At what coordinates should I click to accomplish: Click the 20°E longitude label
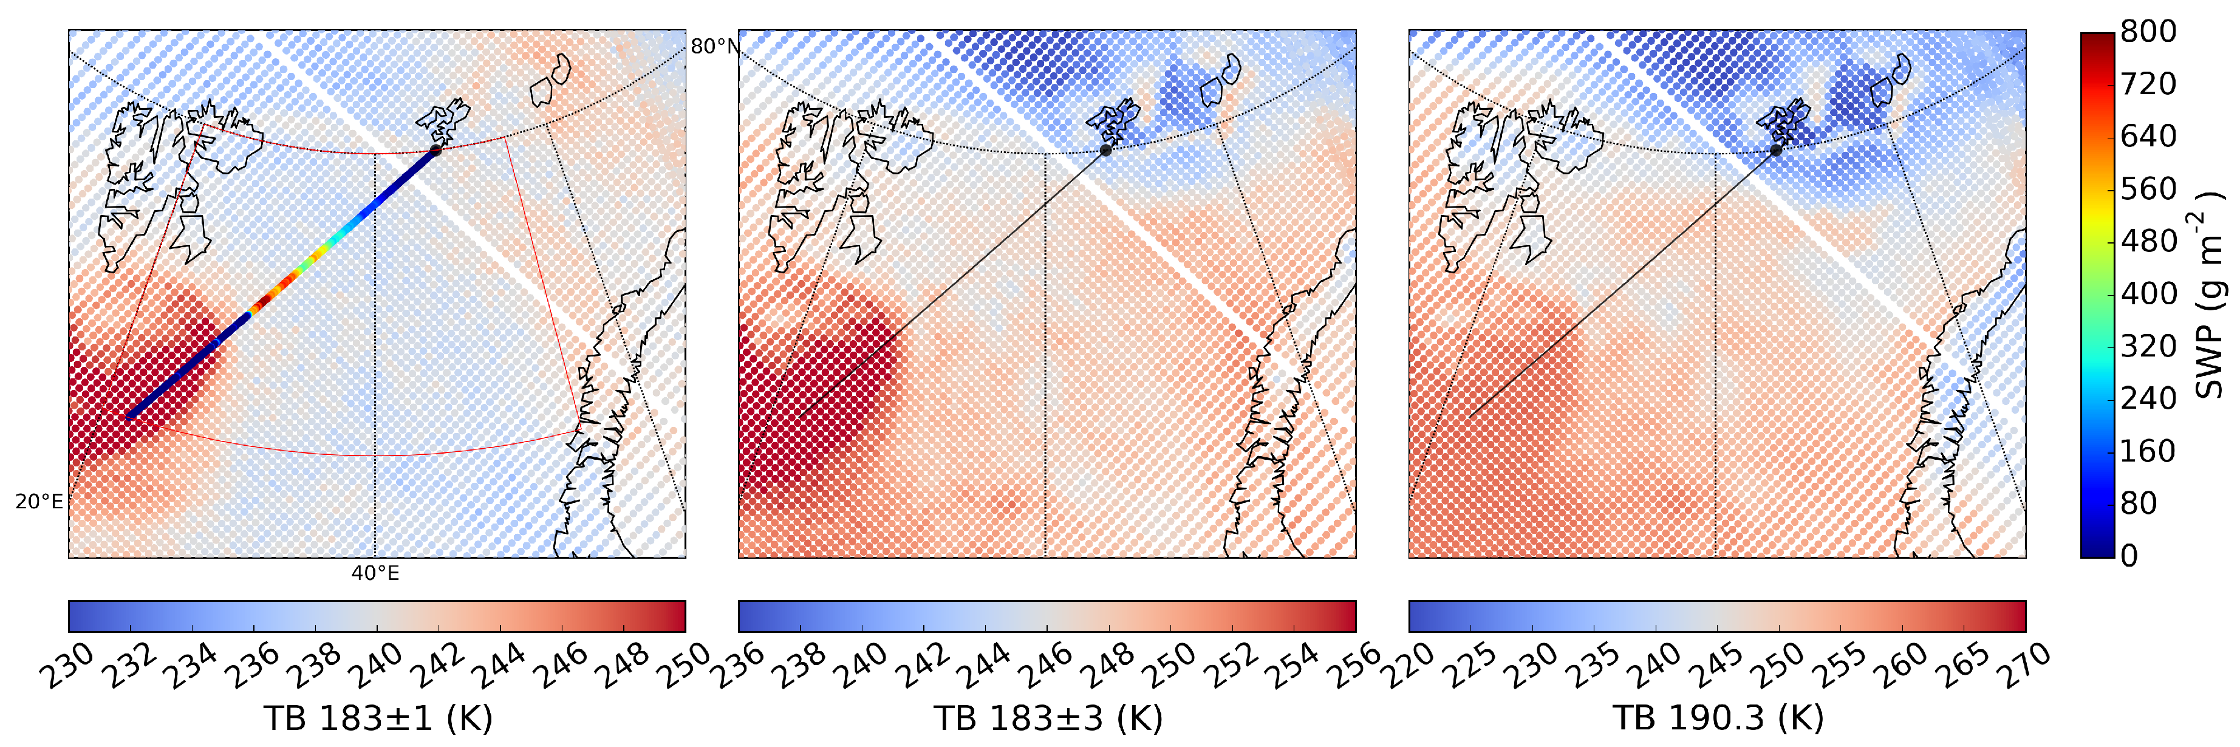click(39, 502)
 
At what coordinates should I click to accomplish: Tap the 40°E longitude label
click(375, 573)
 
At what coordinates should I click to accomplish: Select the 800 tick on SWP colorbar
click(2148, 32)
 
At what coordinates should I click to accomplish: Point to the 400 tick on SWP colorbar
click(2148, 294)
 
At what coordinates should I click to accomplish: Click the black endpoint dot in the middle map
click(1106, 151)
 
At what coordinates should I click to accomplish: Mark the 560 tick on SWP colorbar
click(2148, 189)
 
